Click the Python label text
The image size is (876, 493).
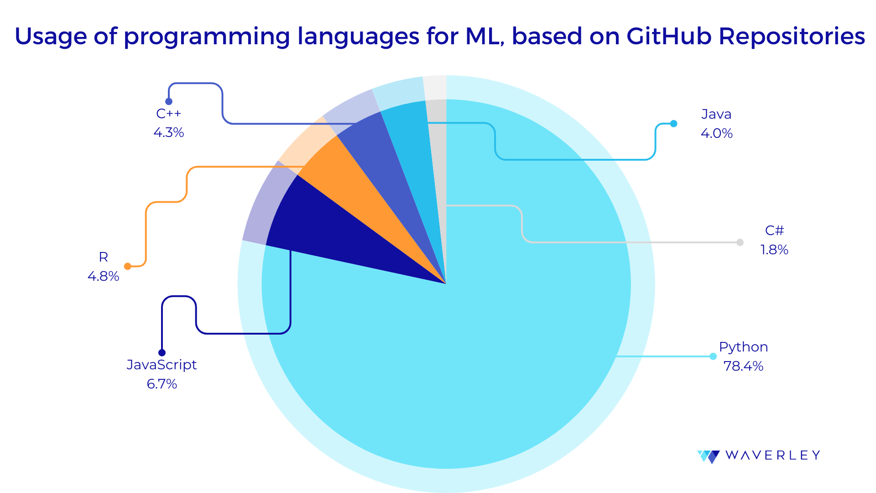click(743, 347)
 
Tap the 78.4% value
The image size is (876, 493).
click(743, 366)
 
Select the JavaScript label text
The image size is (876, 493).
click(162, 365)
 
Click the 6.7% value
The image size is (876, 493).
click(162, 384)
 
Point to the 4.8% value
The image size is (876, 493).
click(104, 276)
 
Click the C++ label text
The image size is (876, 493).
click(169, 114)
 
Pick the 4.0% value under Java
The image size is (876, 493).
click(716, 133)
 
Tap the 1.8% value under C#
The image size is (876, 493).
click(774, 250)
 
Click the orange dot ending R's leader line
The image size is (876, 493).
click(128, 266)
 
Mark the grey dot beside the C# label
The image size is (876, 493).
click(740, 242)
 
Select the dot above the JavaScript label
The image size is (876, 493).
click(162, 352)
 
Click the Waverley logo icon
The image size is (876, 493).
click(709, 456)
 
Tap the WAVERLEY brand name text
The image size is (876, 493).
click(772, 455)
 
